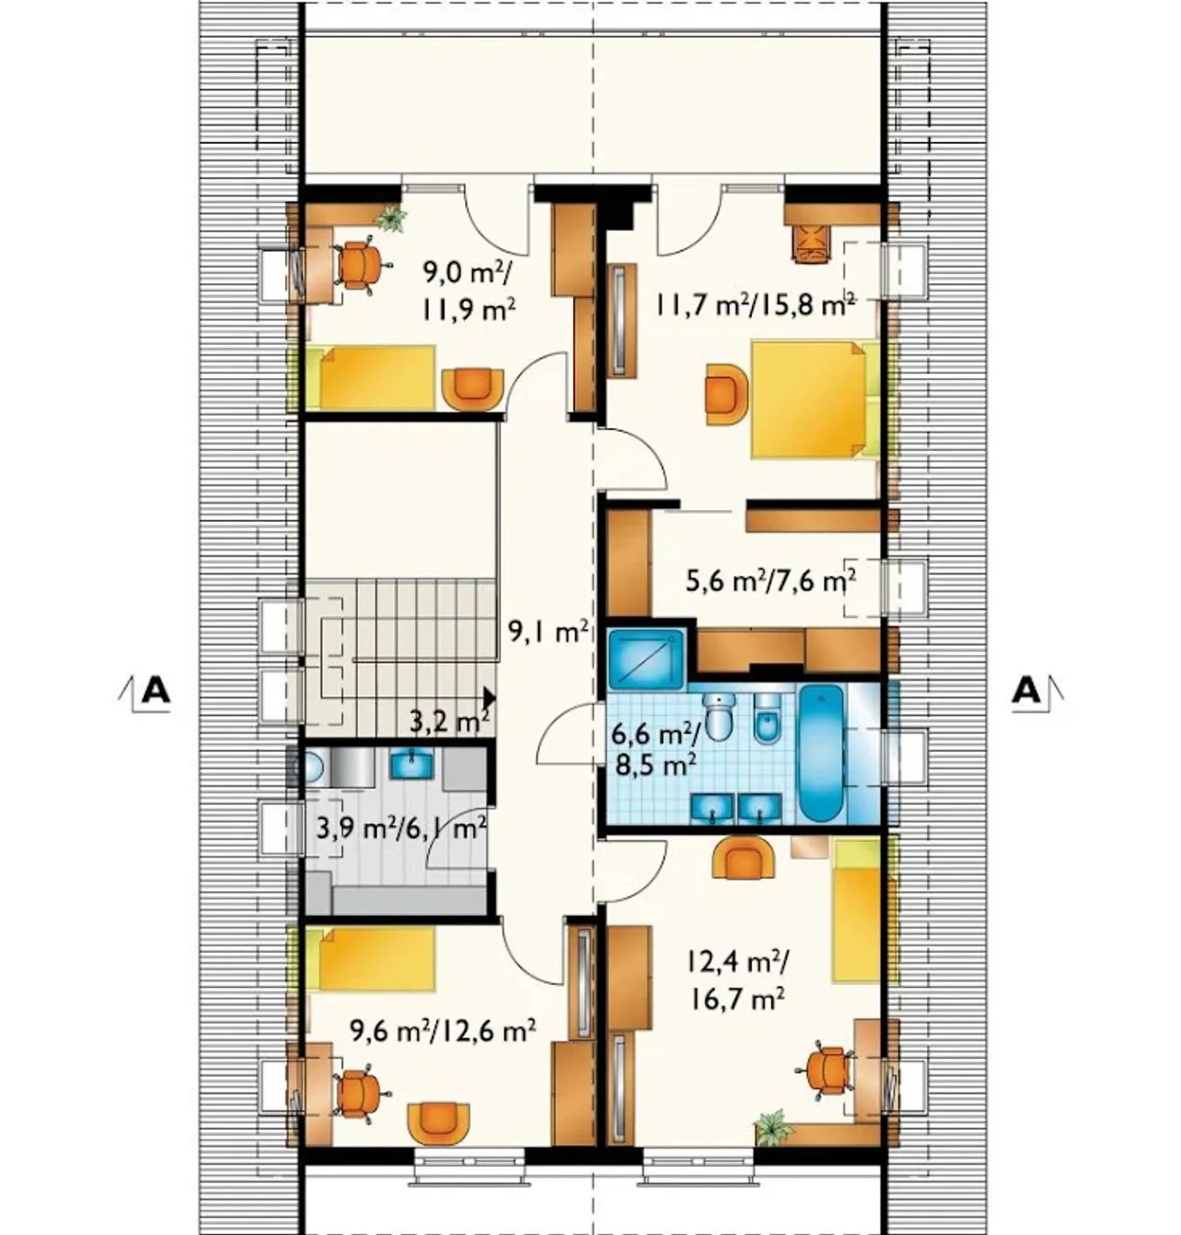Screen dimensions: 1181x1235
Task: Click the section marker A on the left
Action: (x=154, y=691)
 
